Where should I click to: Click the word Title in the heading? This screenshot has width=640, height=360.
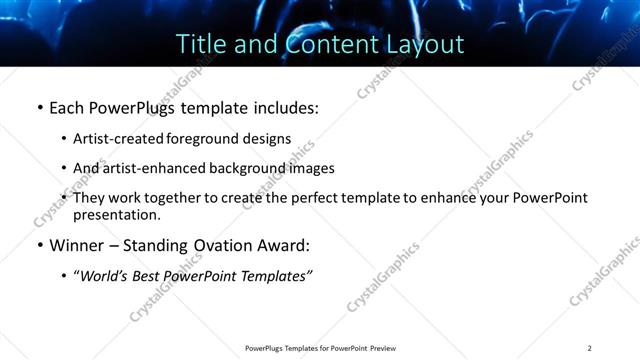200,44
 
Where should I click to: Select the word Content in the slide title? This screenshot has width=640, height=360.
319,44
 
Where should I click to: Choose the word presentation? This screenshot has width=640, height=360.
116,214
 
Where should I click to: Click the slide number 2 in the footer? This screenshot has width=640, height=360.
590,348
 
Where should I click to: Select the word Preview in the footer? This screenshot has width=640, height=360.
382,348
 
